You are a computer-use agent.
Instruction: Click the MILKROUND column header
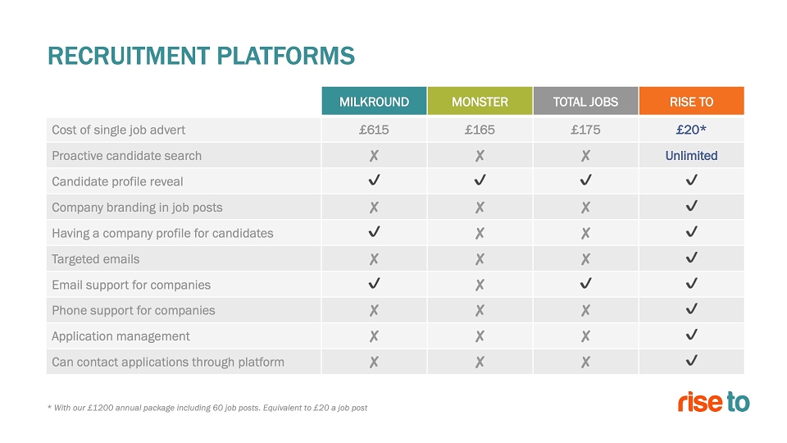(x=374, y=101)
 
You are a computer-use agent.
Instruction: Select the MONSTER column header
(x=480, y=101)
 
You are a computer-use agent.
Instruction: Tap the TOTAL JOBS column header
(x=585, y=101)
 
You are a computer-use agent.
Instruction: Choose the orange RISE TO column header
(x=692, y=101)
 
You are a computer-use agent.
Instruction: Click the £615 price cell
(x=374, y=130)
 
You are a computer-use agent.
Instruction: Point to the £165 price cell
(x=480, y=130)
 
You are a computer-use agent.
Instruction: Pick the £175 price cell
(x=585, y=130)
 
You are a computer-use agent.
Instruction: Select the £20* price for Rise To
(x=691, y=130)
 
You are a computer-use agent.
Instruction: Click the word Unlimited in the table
(x=691, y=156)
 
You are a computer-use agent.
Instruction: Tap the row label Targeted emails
(x=95, y=259)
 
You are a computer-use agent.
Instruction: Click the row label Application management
(x=121, y=336)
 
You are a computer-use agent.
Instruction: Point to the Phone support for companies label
(x=133, y=310)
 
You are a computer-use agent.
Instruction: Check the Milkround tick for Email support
(x=374, y=283)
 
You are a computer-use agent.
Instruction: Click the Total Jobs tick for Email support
(x=585, y=283)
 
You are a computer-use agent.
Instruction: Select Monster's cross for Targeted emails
(x=480, y=259)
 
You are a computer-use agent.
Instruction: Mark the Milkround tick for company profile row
(x=374, y=231)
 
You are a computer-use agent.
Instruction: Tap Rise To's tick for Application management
(x=692, y=335)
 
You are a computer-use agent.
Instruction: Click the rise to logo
(x=714, y=402)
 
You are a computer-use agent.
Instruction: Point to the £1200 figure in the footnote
(x=100, y=408)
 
